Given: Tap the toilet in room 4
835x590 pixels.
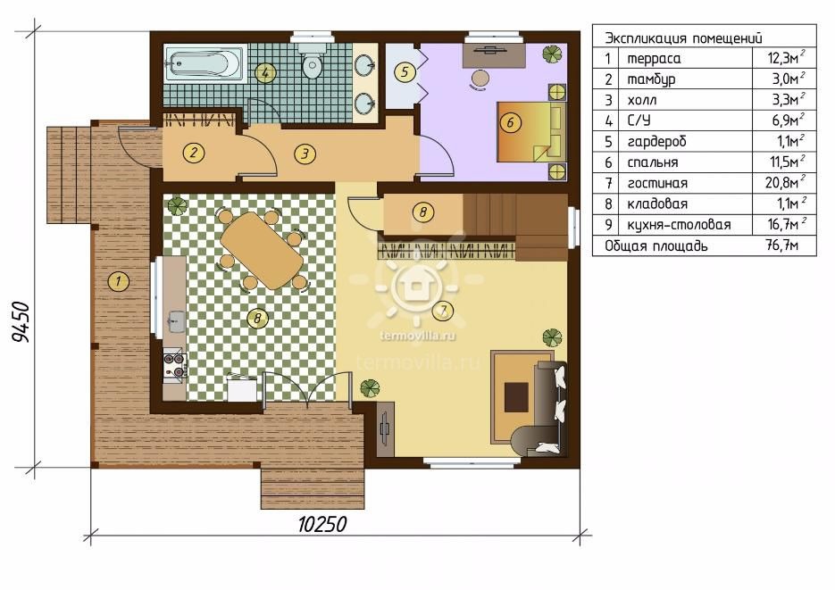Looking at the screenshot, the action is [312, 62].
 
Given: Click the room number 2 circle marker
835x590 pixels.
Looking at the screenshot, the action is [193, 154].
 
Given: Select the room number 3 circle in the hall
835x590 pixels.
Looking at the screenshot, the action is [305, 154].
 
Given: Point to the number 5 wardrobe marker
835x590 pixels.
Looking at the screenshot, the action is [405, 71].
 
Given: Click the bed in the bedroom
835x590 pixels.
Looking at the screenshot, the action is [532, 132].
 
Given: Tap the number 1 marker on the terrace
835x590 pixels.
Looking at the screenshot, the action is [118, 280].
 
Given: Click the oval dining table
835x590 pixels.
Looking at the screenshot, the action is [262, 250].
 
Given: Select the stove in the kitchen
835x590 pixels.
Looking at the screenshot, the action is [175, 365].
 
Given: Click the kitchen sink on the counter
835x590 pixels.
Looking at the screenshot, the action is [176, 320].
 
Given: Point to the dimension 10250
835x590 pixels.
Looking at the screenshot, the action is [322, 525].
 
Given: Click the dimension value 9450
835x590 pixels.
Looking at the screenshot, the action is [21, 322].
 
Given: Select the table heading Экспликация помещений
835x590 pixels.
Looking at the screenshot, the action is [683, 37].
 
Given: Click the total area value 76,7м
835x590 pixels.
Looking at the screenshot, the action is [781, 245].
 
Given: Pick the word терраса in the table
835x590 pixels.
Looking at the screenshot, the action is [654, 59].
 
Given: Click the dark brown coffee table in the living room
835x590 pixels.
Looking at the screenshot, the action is [516, 397].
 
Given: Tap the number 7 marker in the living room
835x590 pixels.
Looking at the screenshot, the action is [443, 311].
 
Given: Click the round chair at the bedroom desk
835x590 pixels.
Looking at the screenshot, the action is [480, 79].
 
